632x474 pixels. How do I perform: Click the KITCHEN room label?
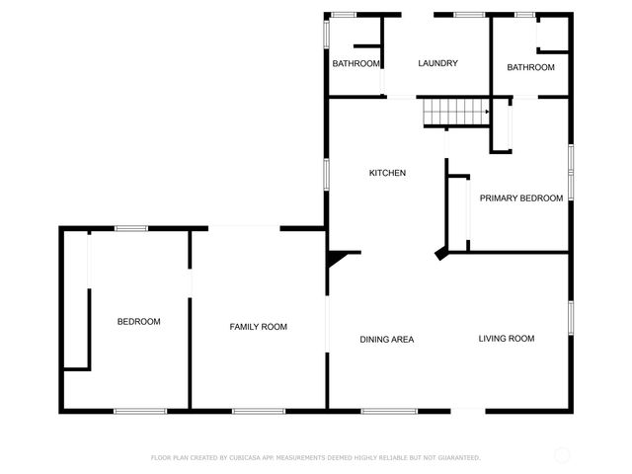(387, 173)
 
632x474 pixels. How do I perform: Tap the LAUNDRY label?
(437, 64)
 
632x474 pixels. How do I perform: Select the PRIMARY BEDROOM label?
(521, 198)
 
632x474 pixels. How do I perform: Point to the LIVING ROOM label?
(507, 339)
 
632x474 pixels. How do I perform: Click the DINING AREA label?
(386, 340)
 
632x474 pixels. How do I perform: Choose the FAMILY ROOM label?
(259, 327)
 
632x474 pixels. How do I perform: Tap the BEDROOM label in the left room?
(138, 322)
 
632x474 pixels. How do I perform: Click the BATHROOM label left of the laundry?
(355, 64)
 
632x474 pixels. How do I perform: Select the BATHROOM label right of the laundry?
(530, 67)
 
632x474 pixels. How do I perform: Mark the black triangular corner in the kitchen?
(338, 259)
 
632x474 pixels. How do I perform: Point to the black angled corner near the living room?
(443, 255)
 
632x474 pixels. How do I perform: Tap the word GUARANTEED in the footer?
(455, 457)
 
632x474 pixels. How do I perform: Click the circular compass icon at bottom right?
(562, 455)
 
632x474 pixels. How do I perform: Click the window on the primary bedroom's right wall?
(570, 170)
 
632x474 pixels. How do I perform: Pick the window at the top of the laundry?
(469, 14)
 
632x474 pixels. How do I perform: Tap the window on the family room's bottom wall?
(259, 411)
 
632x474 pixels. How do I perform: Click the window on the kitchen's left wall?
(328, 174)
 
